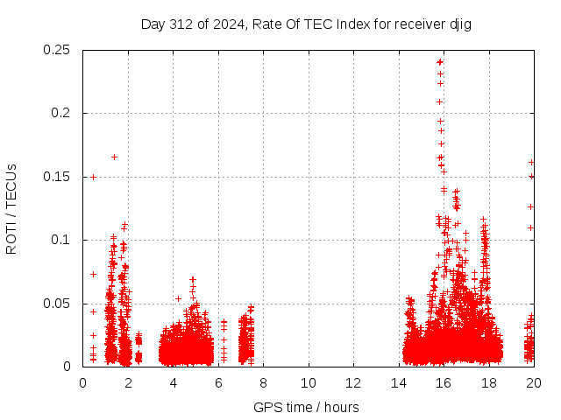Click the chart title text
pyautogui.click(x=306, y=24)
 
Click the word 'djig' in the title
pyautogui.click(x=460, y=24)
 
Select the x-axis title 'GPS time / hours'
pyautogui.click(x=306, y=407)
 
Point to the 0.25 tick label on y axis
pyautogui.click(x=59, y=50)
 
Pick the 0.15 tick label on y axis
pyautogui.click(x=59, y=177)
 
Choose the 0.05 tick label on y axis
pyautogui.click(x=59, y=304)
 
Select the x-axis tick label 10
pyautogui.click(x=308, y=382)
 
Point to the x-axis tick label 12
pyautogui.click(x=352, y=382)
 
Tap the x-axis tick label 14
pyautogui.click(x=398, y=382)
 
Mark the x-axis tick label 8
pyautogui.click(x=263, y=382)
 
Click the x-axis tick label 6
pyautogui.click(x=217, y=382)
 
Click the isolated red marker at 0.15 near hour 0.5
pyautogui.click(x=93, y=177)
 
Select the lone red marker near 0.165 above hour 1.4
pyautogui.click(x=114, y=157)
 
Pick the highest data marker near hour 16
pyautogui.click(x=440, y=62)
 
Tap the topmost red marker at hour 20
pyautogui.click(x=531, y=162)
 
